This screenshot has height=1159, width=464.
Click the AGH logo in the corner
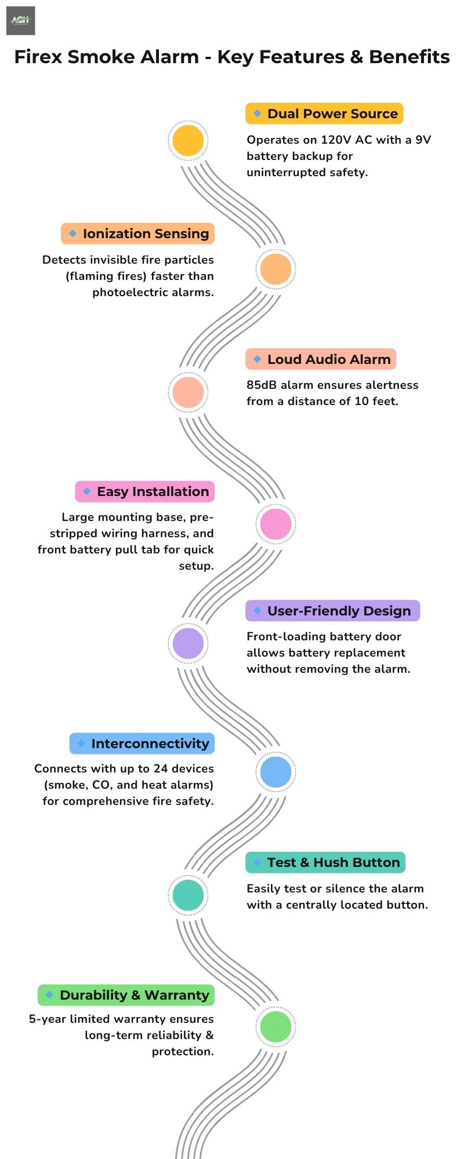pyautogui.click(x=20, y=21)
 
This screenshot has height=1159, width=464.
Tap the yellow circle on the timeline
pyautogui.click(x=188, y=140)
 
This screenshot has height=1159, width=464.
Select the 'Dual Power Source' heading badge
pyautogui.click(x=324, y=114)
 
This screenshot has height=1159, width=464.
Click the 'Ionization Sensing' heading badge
pyautogui.click(x=137, y=234)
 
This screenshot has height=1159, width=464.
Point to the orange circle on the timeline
pyautogui.click(x=275, y=269)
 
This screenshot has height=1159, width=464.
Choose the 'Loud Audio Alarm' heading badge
pyautogui.click(x=321, y=359)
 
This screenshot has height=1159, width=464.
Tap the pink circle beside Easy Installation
pyautogui.click(x=275, y=523)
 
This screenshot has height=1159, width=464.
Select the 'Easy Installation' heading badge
pyautogui.click(x=144, y=491)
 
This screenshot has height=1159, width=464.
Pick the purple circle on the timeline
pyautogui.click(x=188, y=643)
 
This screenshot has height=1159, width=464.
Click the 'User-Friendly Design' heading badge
pyautogui.click(x=332, y=611)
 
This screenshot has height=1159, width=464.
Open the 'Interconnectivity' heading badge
pyautogui.click(x=142, y=743)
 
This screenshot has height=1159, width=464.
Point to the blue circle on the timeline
pyautogui.click(x=275, y=772)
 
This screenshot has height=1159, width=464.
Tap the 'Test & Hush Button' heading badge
pyautogui.click(x=325, y=862)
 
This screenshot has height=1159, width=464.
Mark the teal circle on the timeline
pyautogui.click(x=188, y=895)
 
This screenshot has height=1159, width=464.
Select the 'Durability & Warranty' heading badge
pyautogui.click(x=126, y=995)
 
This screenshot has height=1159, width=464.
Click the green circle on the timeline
pyautogui.click(x=275, y=1026)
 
